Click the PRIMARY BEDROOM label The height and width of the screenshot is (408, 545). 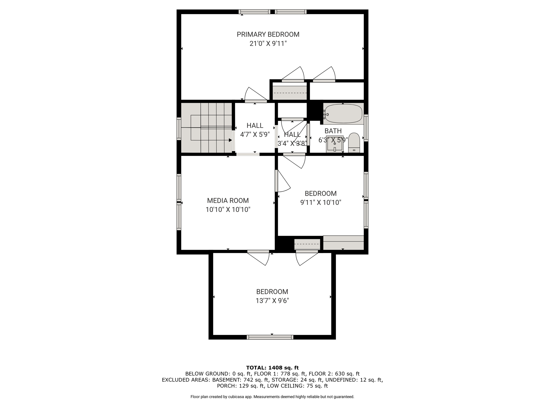tap(268, 35)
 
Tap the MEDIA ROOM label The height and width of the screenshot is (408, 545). tap(228, 201)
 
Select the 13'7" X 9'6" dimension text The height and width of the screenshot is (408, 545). tap(272, 301)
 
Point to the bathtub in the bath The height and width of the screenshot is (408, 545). tap(343, 114)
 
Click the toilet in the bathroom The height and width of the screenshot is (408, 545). tap(354, 143)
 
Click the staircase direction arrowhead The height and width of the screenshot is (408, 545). tap(230, 140)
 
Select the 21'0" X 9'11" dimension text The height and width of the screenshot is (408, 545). tap(268, 44)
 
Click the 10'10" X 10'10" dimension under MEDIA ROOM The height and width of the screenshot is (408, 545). tap(228, 210)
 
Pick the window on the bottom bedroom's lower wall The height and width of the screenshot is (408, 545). tap(270, 337)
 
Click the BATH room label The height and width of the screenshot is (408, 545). tap(333, 131)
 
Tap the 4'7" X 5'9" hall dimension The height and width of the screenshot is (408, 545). tap(255, 135)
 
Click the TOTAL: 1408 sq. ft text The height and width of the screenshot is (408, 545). tap(272, 368)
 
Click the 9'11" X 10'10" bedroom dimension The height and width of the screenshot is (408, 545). tap(321, 203)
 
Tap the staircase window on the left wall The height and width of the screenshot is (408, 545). tap(179, 129)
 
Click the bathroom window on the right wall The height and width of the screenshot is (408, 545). tap(366, 128)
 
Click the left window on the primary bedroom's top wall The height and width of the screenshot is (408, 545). tap(254, 12)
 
